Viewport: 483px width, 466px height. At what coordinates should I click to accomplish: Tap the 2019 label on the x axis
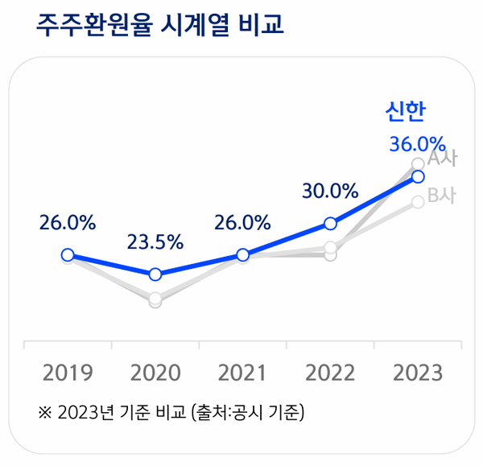pyautogui.click(x=68, y=373)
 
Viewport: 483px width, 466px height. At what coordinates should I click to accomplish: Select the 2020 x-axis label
pyautogui.click(x=155, y=373)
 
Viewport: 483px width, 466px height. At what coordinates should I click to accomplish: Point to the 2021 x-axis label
pyautogui.click(x=242, y=373)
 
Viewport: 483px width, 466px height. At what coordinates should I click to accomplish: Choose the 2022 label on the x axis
pyautogui.click(x=330, y=373)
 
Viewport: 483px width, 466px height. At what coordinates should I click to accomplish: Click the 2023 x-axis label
pyautogui.click(x=417, y=373)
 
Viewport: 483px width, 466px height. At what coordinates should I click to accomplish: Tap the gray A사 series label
pyautogui.click(x=441, y=159)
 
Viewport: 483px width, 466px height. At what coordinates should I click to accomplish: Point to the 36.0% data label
pyautogui.click(x=417, y=144)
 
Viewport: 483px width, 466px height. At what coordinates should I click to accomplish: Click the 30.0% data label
pyautogui.click(x=330, y=192)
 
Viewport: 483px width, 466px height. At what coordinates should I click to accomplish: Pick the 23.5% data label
pyautogui.click(x=155, y=241)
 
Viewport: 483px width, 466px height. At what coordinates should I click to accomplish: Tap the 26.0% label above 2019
pyautogui.click(x=68, y=223)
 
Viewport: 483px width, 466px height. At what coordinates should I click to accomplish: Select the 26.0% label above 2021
pyautogui.click(x=242, y=223)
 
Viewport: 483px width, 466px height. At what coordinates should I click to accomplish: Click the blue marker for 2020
pyautogui.click(x=155, y=274)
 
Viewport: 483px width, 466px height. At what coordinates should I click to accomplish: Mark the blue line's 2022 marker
pyautogui.click(x=330, y=223)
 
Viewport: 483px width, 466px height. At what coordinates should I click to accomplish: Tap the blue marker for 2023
pyautogui.click(x=417, y=176)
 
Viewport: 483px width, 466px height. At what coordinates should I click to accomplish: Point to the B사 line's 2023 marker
pyautogui.click(x=417, y=201)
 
